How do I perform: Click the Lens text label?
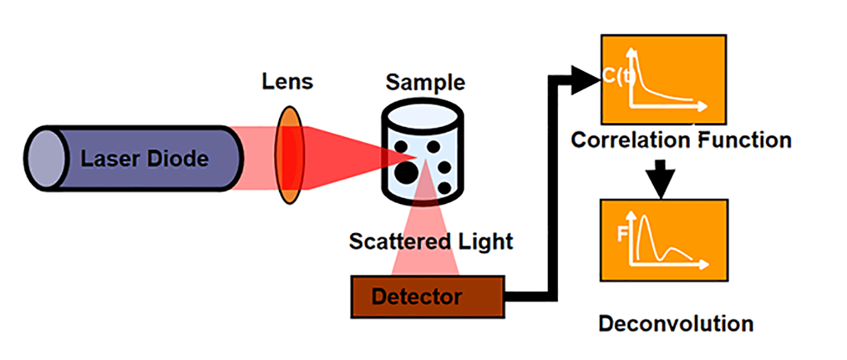pyautogui.click(x=287, y=82)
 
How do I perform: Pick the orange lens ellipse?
pyautogui.click(x=290, y=155)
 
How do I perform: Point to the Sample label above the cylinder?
pyautogui.click(x=425, y=82)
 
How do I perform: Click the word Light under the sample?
pyautogui.click(x=484, y=241)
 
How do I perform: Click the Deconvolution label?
pyautogui.click(x=676, y=324)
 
